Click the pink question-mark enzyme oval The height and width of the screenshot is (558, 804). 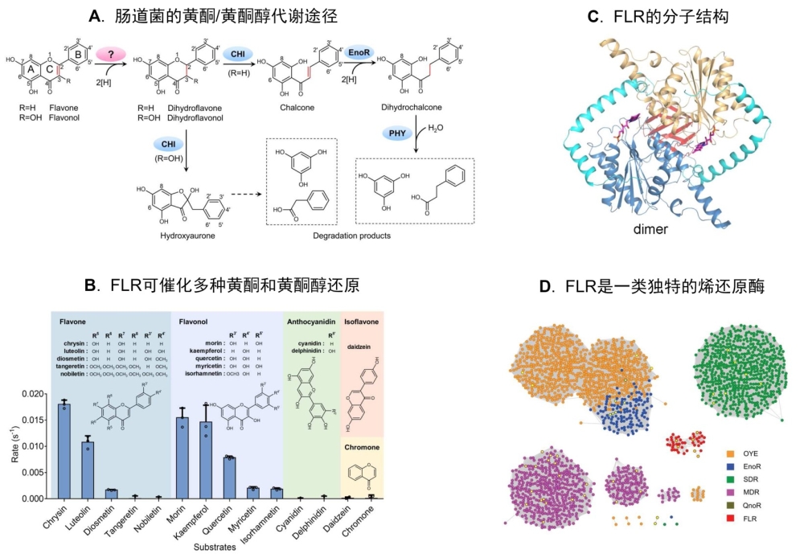click(112, 52)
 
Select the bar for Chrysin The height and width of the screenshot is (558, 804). click(64, 450)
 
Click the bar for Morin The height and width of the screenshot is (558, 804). click(183, 457)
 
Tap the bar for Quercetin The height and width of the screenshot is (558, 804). click(231, 478)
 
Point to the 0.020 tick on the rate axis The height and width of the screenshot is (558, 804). click(35, 394)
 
